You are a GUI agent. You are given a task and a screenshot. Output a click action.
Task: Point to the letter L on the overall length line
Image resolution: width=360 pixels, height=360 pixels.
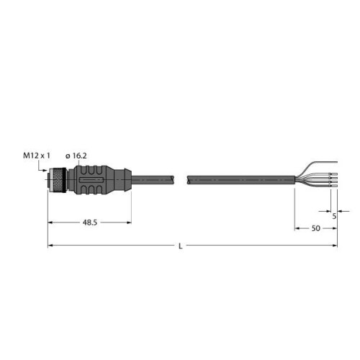point(179,246)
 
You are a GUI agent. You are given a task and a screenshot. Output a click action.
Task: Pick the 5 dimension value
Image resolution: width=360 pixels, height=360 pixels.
point(335,214)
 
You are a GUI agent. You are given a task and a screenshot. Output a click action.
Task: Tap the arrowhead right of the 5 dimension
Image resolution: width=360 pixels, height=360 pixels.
point(339,210)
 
